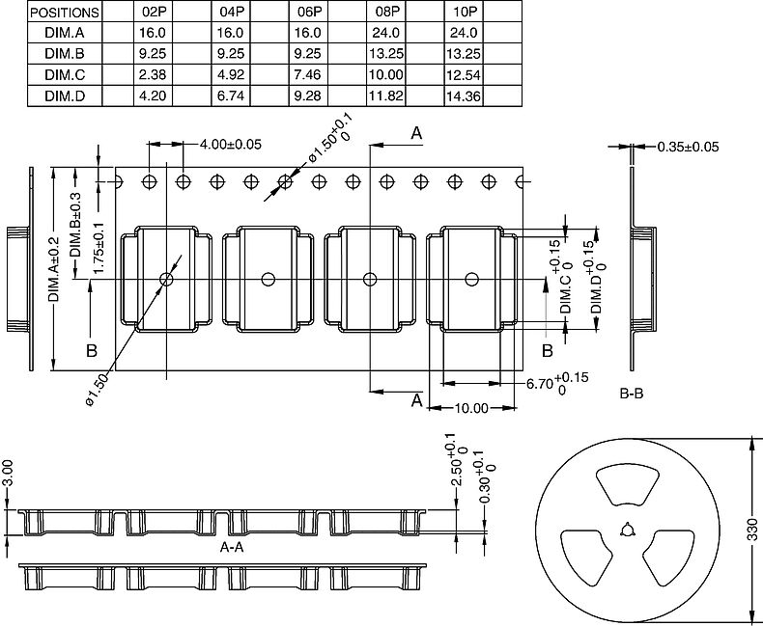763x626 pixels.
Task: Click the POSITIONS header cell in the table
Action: (65, 13)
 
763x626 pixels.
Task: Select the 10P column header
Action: (465, 13)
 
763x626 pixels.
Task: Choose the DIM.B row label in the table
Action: (65, 54)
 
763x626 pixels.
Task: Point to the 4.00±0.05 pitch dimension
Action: (230, 145)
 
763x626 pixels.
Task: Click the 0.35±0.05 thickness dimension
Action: (688, 147)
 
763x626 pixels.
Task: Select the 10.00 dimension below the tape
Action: (471, 408)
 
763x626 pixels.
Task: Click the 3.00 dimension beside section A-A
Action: (8, 473)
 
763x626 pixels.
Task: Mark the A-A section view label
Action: (232, 546)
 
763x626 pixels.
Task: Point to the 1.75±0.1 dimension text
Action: (97, 249)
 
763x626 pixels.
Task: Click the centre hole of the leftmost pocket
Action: (166, 280)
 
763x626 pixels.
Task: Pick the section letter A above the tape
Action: (416, 133)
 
